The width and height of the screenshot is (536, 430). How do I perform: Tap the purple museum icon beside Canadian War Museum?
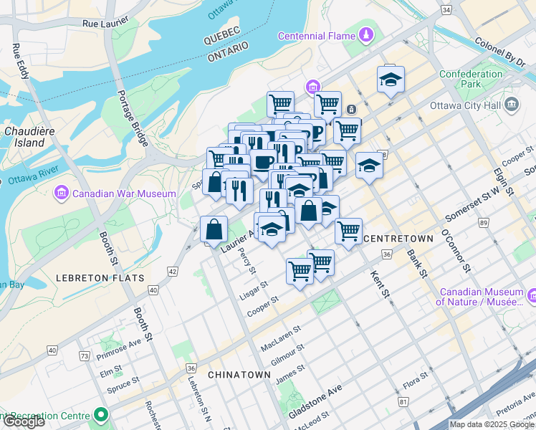(60, 193)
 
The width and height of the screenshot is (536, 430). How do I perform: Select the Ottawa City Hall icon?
(512, 106)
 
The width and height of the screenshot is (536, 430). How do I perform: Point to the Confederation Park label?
(471, 79)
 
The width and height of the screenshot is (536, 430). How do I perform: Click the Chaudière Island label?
(25, 137)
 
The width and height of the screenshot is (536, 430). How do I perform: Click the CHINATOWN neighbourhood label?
(239, 375)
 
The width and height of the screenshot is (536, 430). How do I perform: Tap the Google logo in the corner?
(23, 421)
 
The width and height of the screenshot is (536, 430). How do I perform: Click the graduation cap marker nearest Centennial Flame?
(391, 80)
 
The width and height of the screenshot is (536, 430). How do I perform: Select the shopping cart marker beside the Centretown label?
(348, 231)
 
